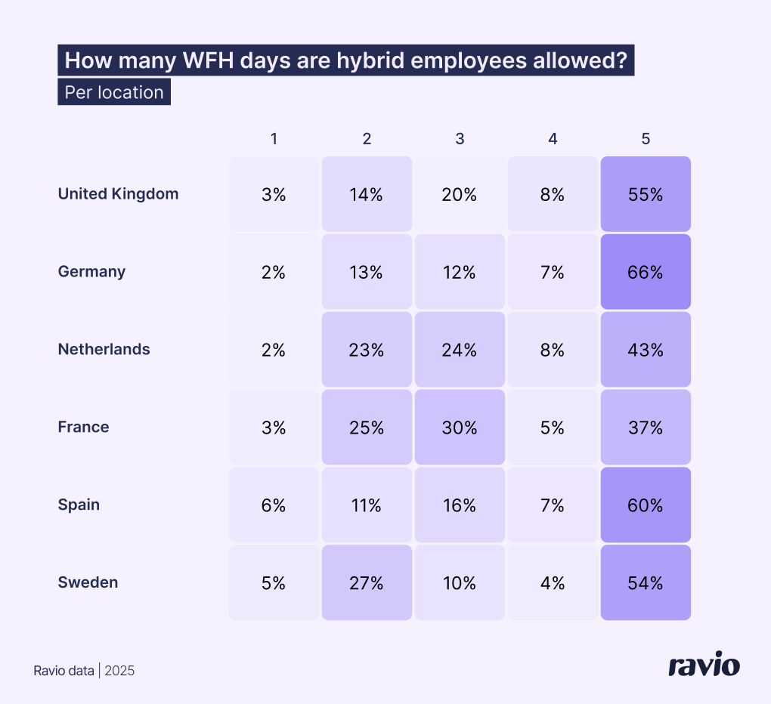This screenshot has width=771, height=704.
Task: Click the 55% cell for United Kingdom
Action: click(646, 194)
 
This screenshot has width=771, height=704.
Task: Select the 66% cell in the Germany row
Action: click(646, 272)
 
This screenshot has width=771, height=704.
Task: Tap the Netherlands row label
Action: click(104, 350)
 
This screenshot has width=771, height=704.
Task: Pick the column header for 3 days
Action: click(460, 139)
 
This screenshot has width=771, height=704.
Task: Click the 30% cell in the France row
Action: click(460, 428)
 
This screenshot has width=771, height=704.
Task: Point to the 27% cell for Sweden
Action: click(367, 583)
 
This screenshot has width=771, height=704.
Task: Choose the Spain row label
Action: click(79, 505)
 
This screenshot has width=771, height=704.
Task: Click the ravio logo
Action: click(704, 665)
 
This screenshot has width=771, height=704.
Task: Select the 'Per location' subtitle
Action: click(114, 92)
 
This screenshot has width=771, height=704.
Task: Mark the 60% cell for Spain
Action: click(646, 505)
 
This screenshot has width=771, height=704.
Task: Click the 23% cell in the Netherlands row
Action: click(367, 350)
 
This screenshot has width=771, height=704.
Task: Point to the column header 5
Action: click(646, 139)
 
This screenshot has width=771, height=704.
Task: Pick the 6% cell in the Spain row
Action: click(274, 505)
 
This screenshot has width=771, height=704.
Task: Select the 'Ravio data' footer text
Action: click(64, 671)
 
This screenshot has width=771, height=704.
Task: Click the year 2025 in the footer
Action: click(119, 671)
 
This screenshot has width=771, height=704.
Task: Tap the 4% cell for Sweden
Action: click(553, 583)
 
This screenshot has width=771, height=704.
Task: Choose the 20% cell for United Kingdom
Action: click(460, 194)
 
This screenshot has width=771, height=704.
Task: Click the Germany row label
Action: click(91, 272)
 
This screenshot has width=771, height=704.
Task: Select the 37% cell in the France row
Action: click(646, 428)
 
